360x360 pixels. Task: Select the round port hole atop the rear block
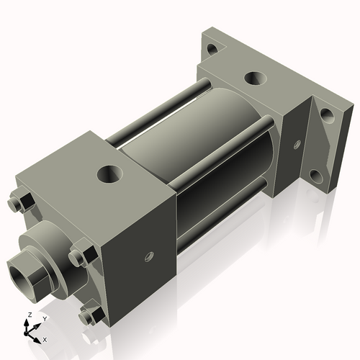255,78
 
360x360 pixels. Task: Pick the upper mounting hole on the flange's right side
325,115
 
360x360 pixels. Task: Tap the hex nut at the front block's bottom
90,315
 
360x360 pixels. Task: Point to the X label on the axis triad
45,338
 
